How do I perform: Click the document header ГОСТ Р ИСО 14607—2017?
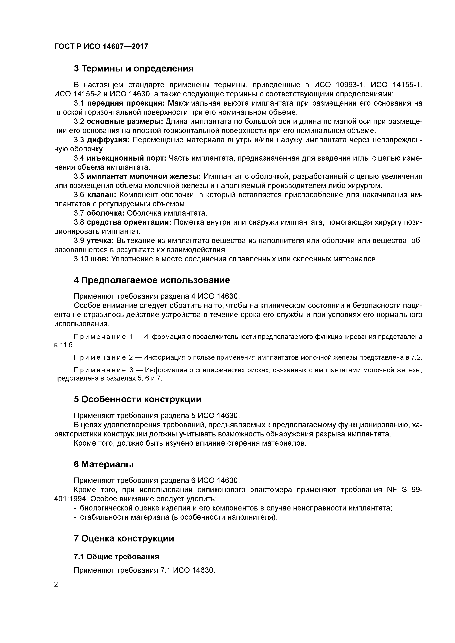pos(101,46)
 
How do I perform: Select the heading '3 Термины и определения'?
pos(133,68)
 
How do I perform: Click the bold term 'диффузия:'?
pos(108,140)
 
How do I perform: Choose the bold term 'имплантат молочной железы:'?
pos(143,177)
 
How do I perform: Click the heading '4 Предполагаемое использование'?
pos(152,280)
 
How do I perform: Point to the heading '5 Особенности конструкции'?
pos(137,399)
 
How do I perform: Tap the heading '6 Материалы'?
pos(103,464)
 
